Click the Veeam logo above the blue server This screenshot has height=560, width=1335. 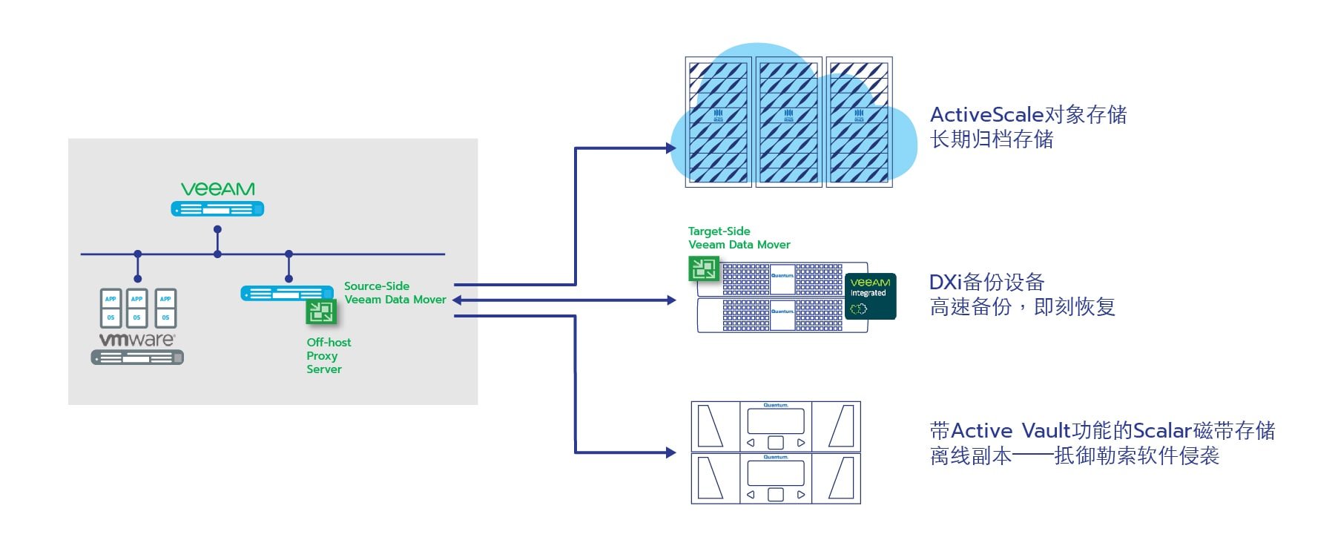coord(217,189)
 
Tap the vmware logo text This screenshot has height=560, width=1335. coord(137,340)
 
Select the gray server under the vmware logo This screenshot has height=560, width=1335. coord(137,358)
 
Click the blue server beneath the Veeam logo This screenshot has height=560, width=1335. coord(217,209)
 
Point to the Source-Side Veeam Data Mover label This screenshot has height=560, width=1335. coord(395,293)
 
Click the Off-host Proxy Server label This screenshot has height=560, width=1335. coord(329,355)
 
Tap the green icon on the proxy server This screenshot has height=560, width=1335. coord(321,312)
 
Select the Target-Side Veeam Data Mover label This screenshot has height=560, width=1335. coord(739,238)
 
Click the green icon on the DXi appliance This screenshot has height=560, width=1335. coord(703,268)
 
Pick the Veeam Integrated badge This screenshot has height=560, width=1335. coord(870,296)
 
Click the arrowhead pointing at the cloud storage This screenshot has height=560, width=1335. coord(671,148)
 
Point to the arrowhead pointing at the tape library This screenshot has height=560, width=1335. coord(671,452)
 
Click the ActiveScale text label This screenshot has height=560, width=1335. coord(1028,115)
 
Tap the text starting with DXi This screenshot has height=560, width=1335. coord(986,283)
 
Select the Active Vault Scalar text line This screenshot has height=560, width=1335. coord(1102,431)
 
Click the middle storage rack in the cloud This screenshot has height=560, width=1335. coord(788,122)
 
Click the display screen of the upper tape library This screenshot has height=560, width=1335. coord(776,421)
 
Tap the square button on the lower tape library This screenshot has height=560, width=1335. coord(776,495)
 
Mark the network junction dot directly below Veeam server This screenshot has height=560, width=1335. coord(217,254)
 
